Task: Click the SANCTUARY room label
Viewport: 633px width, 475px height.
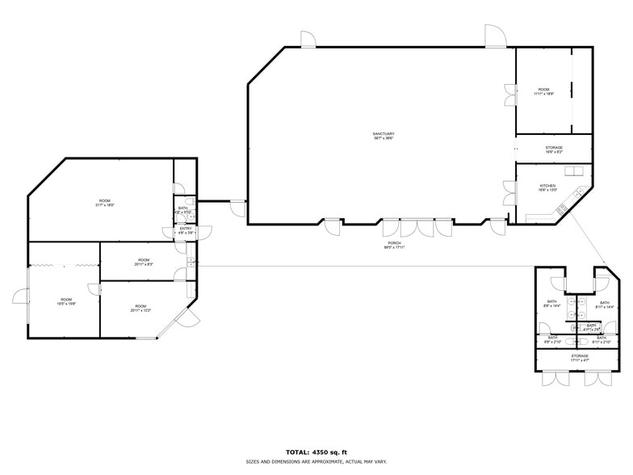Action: (384, 136)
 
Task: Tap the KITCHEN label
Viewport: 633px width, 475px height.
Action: (547, 188)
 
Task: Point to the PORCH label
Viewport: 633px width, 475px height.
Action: (394, 245)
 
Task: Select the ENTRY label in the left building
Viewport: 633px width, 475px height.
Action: (186, 230)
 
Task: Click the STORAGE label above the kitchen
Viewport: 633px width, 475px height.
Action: (554, 149)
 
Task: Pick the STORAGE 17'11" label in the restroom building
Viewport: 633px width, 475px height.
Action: (580, 357)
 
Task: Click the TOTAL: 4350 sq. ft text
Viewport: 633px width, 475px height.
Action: (316, 452)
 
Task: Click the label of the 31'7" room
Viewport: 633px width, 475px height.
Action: (105, 203)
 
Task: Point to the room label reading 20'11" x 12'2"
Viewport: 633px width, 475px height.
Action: (140, 308)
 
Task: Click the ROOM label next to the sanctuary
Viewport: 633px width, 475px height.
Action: (543, 91)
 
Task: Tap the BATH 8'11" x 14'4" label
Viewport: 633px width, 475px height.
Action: (605, 305)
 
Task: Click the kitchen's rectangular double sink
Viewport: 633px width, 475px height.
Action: (575, 172)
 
